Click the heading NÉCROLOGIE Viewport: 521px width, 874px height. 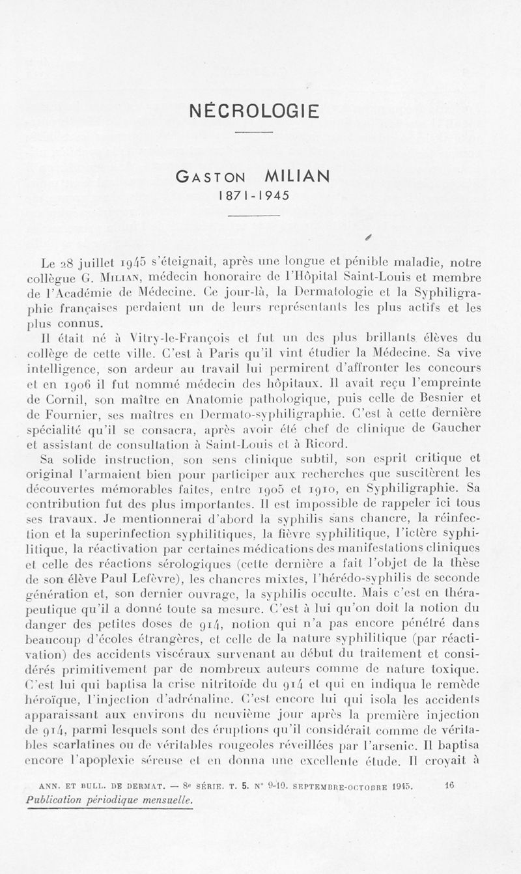tap(254, 111)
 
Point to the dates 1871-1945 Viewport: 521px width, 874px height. tap(253, 195)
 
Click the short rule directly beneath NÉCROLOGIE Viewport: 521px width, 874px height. tap(253, 134)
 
